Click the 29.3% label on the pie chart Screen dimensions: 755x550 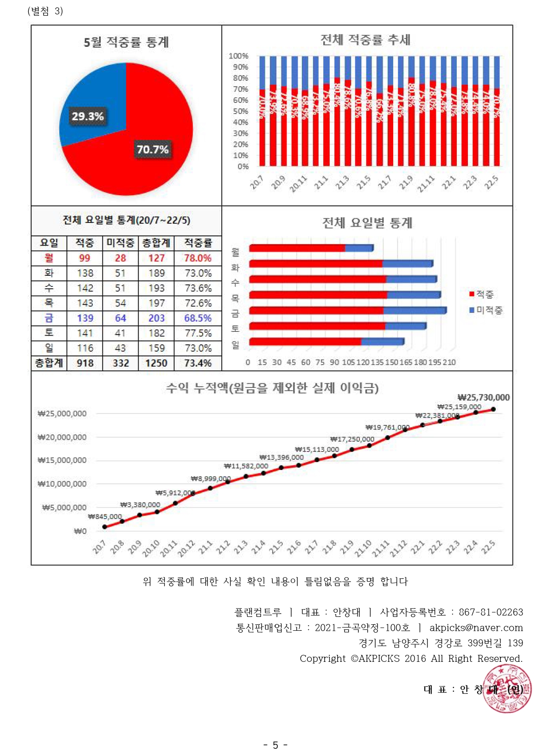click(87, 116)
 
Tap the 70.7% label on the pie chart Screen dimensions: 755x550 click(153, 149)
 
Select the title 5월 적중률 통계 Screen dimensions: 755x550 click(126, 42)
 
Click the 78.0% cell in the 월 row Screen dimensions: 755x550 click(198, 258)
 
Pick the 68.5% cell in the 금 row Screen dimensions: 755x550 click(198, 318)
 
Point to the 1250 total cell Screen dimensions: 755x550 click(156, 363)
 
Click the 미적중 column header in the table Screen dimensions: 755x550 click(120, 243)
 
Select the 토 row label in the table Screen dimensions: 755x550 click(49, 333)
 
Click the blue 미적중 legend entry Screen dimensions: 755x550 click(486, 310)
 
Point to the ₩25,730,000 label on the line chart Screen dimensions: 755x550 click(483, 397)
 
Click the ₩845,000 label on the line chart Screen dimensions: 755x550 click(105, 516)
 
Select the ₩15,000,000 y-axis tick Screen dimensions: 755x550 click(62, 460)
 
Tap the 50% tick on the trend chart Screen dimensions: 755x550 click(241, 111)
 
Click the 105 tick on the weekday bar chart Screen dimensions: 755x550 click(348, 362)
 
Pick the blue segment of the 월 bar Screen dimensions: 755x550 click(359, 248)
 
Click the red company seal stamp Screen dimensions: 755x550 click(507, 689)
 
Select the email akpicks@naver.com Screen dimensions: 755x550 click(476, 628)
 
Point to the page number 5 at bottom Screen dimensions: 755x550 click(275, 745)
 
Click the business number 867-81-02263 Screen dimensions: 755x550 click(491, 612)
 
